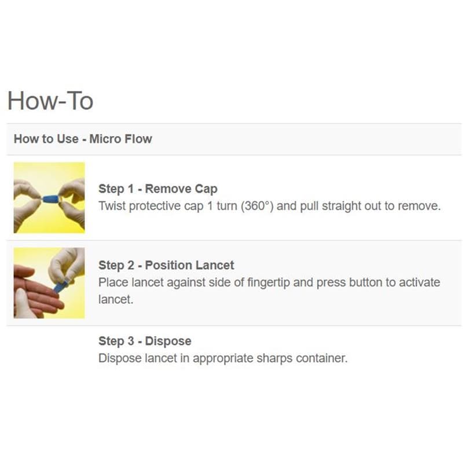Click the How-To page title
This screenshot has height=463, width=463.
point(50,101)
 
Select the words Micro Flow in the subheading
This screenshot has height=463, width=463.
point(120,139)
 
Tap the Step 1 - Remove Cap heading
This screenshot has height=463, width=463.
point(158,189)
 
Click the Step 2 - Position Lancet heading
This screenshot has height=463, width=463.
point(166,265)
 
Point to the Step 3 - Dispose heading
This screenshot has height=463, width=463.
point(145,341)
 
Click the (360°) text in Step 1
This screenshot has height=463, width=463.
point(257,206)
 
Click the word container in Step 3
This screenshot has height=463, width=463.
point(322,358)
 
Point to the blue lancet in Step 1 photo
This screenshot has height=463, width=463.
point(52,199)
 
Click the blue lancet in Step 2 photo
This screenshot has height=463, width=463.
point(61,286)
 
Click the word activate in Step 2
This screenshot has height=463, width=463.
point(419,282)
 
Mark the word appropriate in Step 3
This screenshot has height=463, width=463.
point(223,358)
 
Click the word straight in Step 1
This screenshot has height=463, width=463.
point(341,206)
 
